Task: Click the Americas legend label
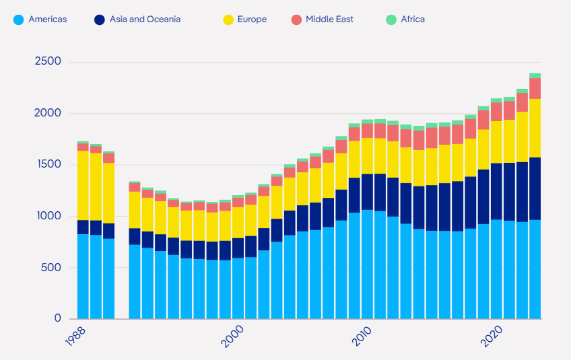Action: point(48,20)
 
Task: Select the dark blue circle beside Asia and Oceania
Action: point(100,20)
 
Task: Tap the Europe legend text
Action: point(253,20)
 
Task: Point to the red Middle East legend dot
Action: point(296,20)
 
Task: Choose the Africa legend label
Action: point(413,20)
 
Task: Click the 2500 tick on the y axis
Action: point(48,62)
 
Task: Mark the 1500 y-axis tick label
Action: point(48,165)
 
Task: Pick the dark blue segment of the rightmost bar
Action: point(535,188)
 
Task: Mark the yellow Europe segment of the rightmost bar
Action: point(535,128)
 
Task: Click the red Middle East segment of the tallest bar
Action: point(535,88)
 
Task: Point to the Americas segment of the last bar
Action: point(535,269)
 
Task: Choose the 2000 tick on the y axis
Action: point(48,113)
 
